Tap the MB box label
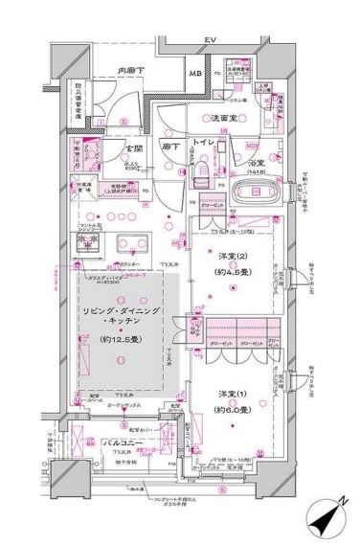click(194, 76)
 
